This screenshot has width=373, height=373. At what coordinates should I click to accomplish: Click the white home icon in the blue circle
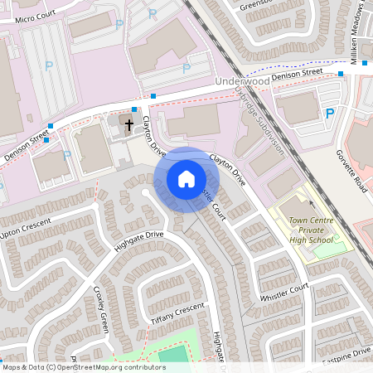click(x=186, y=179)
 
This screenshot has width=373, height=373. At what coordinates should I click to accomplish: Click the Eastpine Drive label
click(x=348, y=354)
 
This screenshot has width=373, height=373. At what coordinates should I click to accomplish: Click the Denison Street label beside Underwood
click(x=299, y=74)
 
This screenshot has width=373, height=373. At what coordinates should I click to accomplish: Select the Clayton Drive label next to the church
click(x=154, y=137)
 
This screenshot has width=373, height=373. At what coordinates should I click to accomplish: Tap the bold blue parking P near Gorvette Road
click(x=330, y=114)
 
